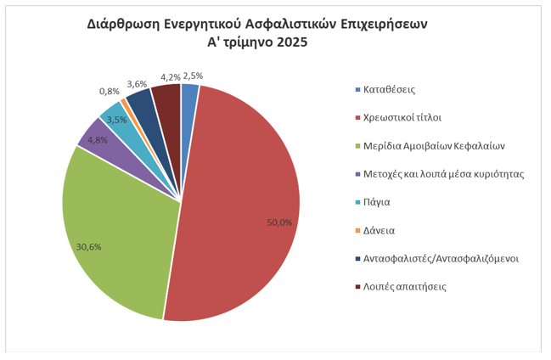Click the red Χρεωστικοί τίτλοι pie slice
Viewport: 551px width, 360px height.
tap(246, 204)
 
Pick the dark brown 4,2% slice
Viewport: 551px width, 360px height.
tap(168, 98)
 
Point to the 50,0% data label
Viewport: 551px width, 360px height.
tap(279, 222)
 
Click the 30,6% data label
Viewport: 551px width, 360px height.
tap(89, 247)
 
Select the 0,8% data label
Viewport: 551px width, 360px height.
tap(109, 91)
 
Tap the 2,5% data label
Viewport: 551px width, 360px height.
tap(193, 75)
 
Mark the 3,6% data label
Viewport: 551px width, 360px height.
tap(137, 83)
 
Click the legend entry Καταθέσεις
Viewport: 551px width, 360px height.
tap(389, 89)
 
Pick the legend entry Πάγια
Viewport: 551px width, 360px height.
tap(379, 202)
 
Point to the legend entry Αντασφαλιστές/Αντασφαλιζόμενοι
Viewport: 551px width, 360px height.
tap(441, 258)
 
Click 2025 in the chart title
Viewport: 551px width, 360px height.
tap(291, 43)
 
